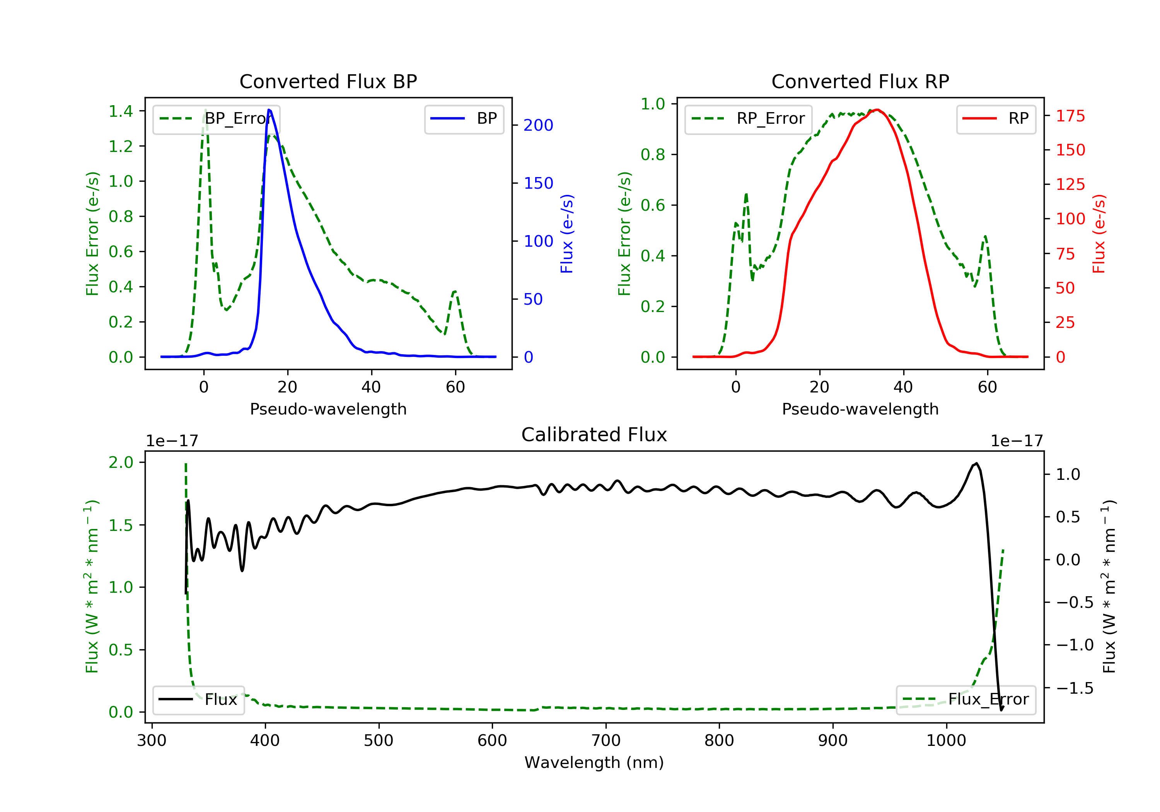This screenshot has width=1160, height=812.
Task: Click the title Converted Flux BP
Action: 328,81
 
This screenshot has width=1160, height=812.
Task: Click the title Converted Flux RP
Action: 860,81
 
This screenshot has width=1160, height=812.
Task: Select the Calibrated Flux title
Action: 594,435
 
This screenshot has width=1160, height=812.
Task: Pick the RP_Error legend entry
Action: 748,119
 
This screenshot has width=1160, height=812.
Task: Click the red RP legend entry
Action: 996,119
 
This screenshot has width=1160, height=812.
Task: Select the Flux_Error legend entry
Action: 966,700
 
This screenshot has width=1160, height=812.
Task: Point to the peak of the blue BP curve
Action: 269,110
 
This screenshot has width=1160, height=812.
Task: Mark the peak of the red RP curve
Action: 878,110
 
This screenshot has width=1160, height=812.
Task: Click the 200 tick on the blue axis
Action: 538,125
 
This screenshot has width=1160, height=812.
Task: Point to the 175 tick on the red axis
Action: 1070,116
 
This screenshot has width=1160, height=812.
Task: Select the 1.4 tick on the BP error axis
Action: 121,111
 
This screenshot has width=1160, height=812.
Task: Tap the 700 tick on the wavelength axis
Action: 606,741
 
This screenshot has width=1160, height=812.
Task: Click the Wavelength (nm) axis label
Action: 594,763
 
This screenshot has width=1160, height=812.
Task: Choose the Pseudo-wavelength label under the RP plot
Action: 860,409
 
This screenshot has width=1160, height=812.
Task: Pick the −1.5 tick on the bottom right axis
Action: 1075,688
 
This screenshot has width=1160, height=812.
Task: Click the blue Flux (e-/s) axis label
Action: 567,234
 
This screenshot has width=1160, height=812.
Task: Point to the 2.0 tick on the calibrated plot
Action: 121,462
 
